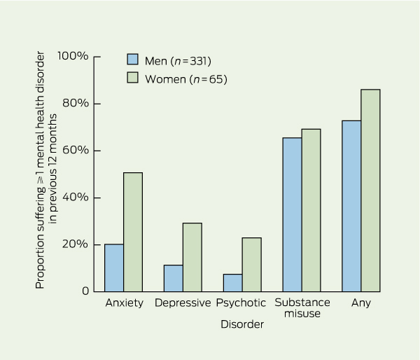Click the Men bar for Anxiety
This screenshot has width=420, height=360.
click(x=114, y=268)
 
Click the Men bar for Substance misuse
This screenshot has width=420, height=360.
click(x=292, y=214)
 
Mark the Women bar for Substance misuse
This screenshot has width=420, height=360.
click(x=311, y=210)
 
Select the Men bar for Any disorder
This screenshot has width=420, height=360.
click(x=351, y=206)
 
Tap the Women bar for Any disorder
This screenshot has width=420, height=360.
click(x=370, y=190)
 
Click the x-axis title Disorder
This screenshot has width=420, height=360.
click(x=242, y=325)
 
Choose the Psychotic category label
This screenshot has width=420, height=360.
click(x=241, y=303)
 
